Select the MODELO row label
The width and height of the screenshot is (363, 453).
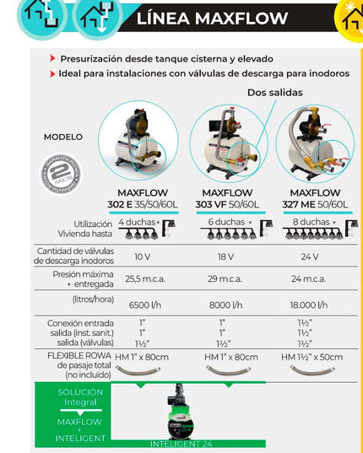(63, 137)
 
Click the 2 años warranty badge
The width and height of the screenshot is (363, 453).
(62, 175)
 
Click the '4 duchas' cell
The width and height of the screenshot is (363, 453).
(138, 222)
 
